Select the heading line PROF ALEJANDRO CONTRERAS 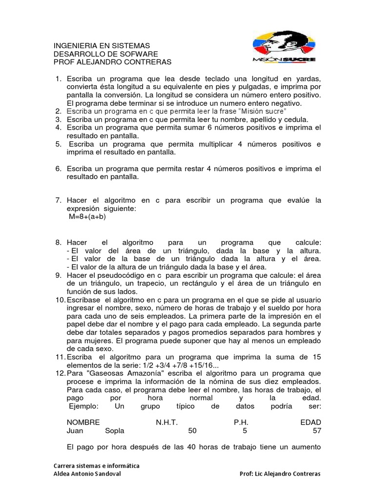pyautogui.click(x=112, y=62)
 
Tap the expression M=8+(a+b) pyautogui.click(x=87, y=217)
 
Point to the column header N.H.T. pyautogui.click(x=167, y=422)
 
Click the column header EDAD pyautogui.click(x=310, y=422)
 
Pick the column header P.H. pyautogui.click(x=241, y=422)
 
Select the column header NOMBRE pyautogui.click(x=83, y=422)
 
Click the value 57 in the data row pyautogui.click(x=316, y=431)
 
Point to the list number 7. pyautogui.click(x=57, y=200)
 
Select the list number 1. pyautogui.click(x=57, y=78)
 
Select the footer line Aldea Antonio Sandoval pyautogui.click(x=87, y=474)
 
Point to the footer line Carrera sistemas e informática pyautogui.click(x=96, y=465)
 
